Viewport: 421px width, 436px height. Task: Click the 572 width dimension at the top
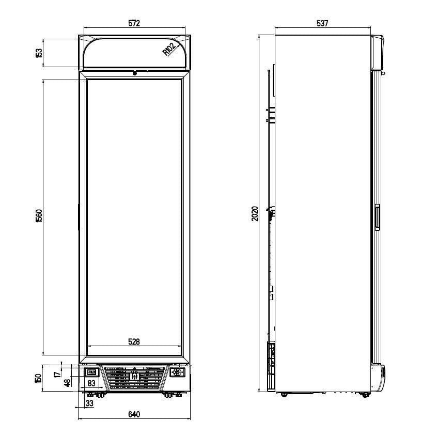pos(134,23)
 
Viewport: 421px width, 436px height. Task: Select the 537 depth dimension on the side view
pos(322,23)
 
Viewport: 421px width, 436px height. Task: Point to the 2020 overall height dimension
pos(255,213)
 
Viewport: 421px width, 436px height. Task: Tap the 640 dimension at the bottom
pos(134,414)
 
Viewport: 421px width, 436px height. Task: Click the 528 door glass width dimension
pos(134,341)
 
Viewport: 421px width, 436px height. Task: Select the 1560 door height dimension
pos(39,216)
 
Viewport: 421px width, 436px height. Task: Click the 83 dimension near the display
pos(90,383)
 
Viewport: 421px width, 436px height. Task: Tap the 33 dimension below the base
pos(90,403)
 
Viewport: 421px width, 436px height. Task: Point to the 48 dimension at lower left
pos(67,382)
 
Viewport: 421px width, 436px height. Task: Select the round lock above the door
pos(135,73)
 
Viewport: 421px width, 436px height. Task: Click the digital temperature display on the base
pos(90,372)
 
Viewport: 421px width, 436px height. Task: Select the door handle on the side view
pos(377,217)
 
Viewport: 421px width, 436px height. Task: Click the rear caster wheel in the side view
pos(284,395)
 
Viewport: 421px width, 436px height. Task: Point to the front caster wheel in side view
pos(365,395)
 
